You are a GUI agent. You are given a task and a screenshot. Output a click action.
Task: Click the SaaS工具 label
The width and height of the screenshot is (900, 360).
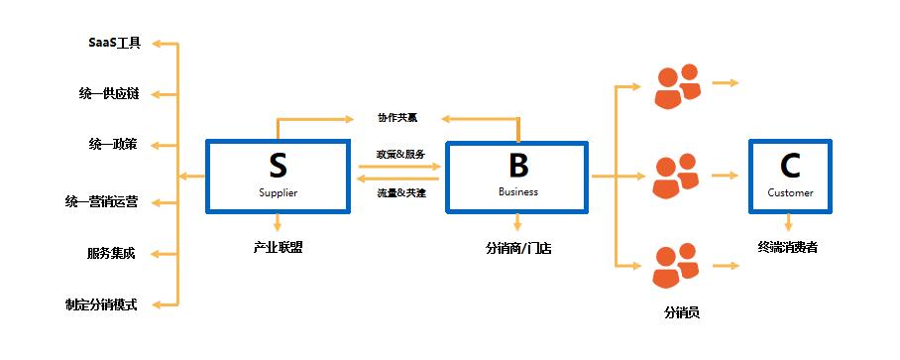click(114, 44)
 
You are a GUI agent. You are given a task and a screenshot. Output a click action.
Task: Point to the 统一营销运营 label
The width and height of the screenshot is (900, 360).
click(102, 202)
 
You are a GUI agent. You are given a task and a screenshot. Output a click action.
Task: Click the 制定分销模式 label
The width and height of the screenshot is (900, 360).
click(102, 304)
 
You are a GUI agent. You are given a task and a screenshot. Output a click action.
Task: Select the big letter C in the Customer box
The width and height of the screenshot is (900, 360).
click(790, 165)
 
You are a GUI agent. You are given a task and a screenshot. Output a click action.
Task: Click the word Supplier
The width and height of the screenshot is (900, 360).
click(278, 192)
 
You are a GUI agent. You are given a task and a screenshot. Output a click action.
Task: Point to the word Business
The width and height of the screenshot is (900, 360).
click(517, 192)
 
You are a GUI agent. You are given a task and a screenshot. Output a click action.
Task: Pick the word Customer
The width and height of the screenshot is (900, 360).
click(790, 192)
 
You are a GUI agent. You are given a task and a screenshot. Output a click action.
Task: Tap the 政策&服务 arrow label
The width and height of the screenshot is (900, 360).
click(400, 155)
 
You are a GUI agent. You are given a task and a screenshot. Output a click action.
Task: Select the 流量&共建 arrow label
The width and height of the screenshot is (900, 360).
click(400, 192)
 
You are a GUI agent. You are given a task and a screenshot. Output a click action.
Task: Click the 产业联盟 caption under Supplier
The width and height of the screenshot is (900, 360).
click(278, 247)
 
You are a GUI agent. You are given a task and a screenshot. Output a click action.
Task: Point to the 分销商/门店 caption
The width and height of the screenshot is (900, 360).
click(518, 248)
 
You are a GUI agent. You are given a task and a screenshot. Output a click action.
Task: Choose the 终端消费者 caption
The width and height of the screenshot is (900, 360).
click(790, 247)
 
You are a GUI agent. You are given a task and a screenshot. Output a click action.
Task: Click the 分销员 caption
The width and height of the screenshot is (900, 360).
click(682, 312)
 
